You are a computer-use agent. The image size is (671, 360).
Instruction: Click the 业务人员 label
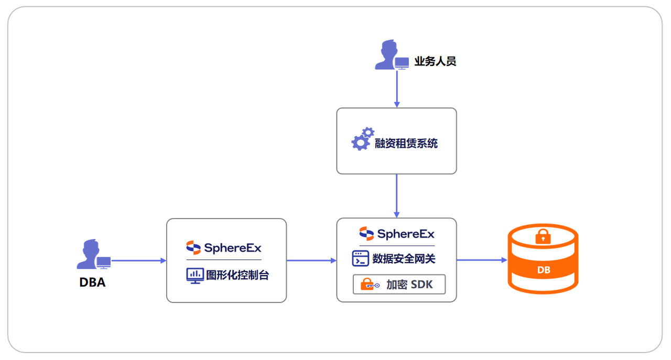(x=435, y=61)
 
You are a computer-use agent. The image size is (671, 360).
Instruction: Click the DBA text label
(x=92, y=282)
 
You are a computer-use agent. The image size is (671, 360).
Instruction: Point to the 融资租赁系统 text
(x=406, y=143)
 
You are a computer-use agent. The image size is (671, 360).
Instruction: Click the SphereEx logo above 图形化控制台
(x=224, y=247)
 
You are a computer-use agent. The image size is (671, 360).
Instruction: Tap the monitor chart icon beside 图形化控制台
(x=195, y=275)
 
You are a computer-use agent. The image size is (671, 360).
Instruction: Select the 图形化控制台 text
(x=237, y=275)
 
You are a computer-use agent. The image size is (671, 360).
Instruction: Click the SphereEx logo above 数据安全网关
(x=397, y=234)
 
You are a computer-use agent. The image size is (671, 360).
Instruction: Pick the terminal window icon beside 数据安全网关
(x=361, y=258)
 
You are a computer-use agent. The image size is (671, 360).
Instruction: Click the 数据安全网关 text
(x=404, y=258)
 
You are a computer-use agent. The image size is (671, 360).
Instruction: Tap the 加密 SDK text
(x=409, y=285)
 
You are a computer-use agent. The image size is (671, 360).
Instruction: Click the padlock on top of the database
(x=543, y=236)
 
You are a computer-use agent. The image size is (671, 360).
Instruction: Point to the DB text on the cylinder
(x=544, y=270)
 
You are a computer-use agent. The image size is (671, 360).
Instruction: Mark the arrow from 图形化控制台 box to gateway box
(x=311, y=260)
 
